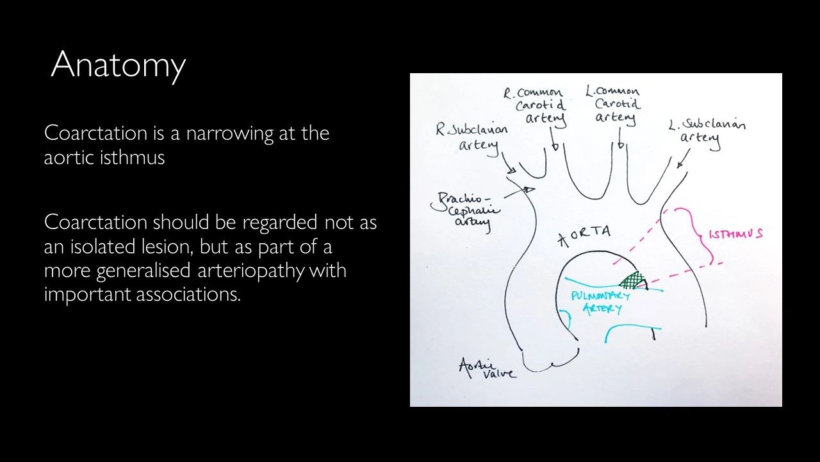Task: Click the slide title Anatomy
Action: click(119, 65)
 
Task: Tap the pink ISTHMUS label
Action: click(735, 234)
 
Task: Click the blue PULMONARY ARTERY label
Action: click(600, 302)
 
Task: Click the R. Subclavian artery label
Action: click(472, 136)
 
